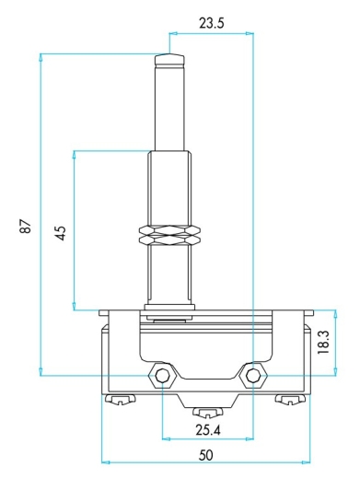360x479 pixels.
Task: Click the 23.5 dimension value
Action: pyautogui.click(x=212, y=23)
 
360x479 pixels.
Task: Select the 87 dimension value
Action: pyautogui.click(x=26, y=227)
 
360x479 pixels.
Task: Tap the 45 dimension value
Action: pyautogui.click(x=61, y=233)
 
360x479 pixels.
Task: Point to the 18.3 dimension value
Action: pyautogui.click(x=323, y=342)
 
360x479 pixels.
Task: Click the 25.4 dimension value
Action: pyautogui.click(x=208, y=430)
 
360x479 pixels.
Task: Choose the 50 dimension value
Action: pyautogui.click(x=205, y=455)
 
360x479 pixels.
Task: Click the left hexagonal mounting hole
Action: pyautogui.click(x=162, y=375)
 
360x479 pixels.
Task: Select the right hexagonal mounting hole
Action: pyautogui.click(x=253, y=375)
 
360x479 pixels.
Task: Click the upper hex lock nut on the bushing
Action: pyautogui.click(x=170, y=230)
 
